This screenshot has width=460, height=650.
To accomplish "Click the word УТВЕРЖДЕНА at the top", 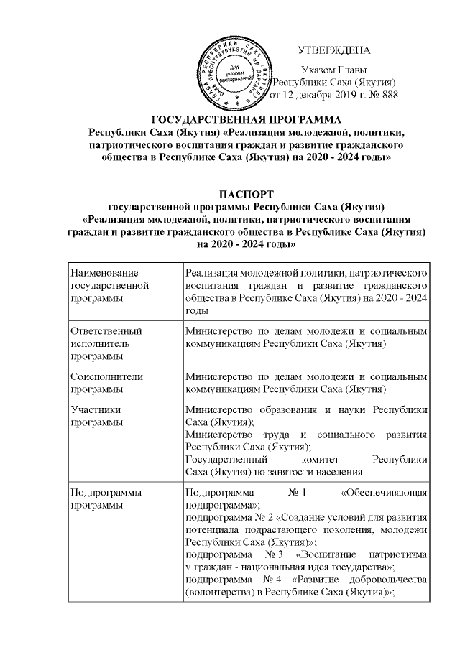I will [x=332, y=50].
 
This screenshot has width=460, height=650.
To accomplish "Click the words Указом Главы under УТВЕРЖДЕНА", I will [x=333, y=70].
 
